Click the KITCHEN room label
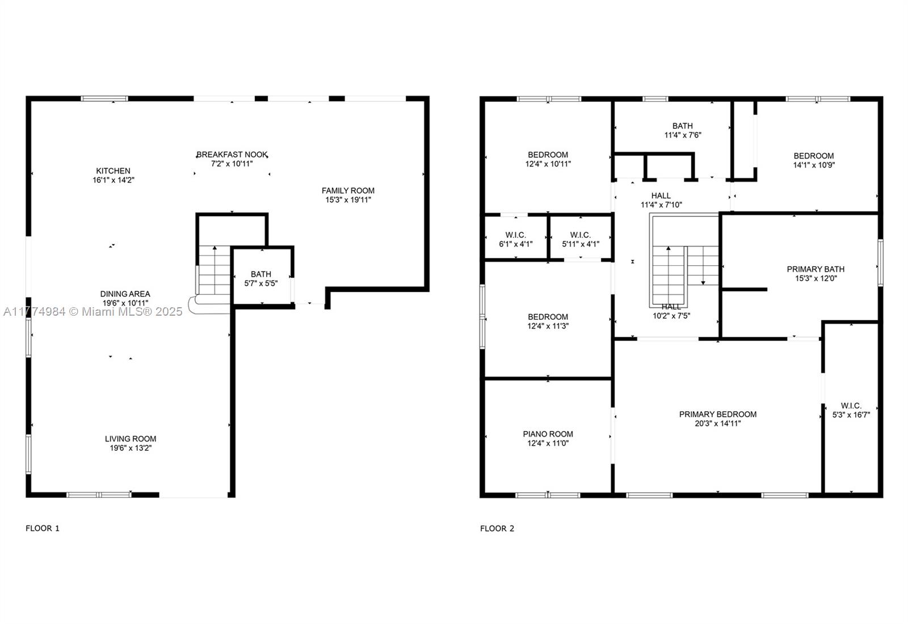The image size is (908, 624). coord(113,171)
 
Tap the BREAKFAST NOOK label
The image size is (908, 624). coord(232,154)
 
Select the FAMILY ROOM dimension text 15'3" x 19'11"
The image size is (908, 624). coord(348,199)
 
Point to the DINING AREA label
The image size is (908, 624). coord(125,294)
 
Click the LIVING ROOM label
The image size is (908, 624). coord(131,439)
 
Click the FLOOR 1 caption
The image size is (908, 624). coord(43,528)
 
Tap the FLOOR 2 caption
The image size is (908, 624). coord(497,528)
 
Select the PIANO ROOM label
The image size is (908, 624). coord(548,434)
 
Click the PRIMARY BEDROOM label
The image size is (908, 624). coord(718,414)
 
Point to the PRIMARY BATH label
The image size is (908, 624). coord(816,269)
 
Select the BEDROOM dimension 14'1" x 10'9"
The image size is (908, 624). coord(814,165)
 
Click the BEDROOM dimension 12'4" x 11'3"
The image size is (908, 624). coord(548,326)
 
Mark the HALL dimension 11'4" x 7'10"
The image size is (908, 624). coord(661,205)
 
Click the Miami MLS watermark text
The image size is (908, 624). coord(93,311)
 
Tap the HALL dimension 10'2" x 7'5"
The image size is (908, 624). coord(671,316)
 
